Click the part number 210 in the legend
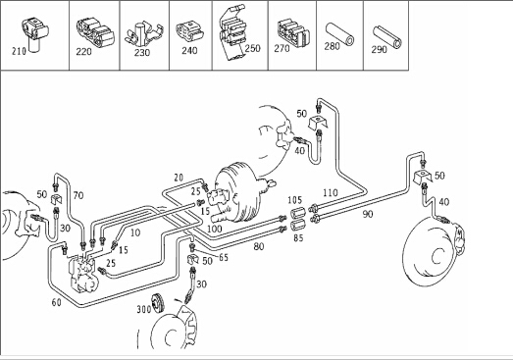point(19,51)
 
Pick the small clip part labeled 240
point(189,32)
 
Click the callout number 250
point(253,48)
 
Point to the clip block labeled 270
point(293,33)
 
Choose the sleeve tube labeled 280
point(339,33)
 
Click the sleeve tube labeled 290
point(387,36)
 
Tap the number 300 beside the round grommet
point(143,309)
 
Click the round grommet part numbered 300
point(158,303)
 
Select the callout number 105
point(295,200)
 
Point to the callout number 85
point(298,238)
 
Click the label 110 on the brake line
point(331,192)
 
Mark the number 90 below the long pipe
point(368,214)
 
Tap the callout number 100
point(215,229)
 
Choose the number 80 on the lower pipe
point(259,246)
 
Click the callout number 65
point(224,257)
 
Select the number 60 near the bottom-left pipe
point(56,302)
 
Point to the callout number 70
point(78,195)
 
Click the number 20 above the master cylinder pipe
point(179,178)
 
